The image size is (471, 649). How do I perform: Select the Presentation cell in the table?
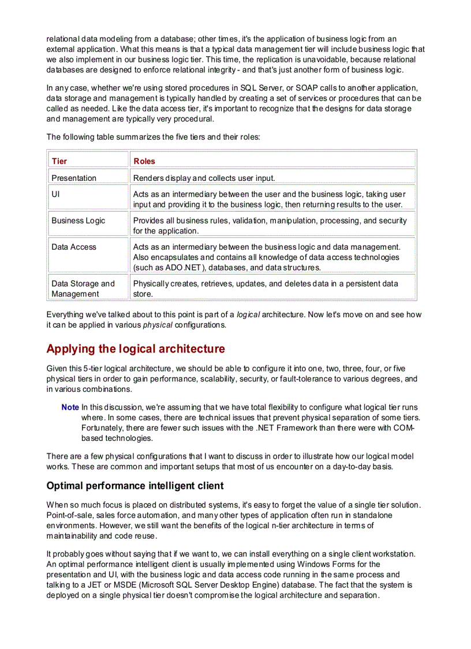tap(74, 178)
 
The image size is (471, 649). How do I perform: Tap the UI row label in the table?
tap(56, 194)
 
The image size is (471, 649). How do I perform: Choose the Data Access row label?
tap(74, 247)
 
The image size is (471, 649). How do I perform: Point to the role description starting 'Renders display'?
tap(204, 178)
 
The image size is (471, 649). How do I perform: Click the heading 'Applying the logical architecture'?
tap(135, 348)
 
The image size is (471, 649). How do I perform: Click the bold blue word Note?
tap(70, 407)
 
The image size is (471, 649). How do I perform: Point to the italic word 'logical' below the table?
tap(248, 314)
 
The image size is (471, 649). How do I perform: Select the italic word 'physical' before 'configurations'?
tap(158, 325)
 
